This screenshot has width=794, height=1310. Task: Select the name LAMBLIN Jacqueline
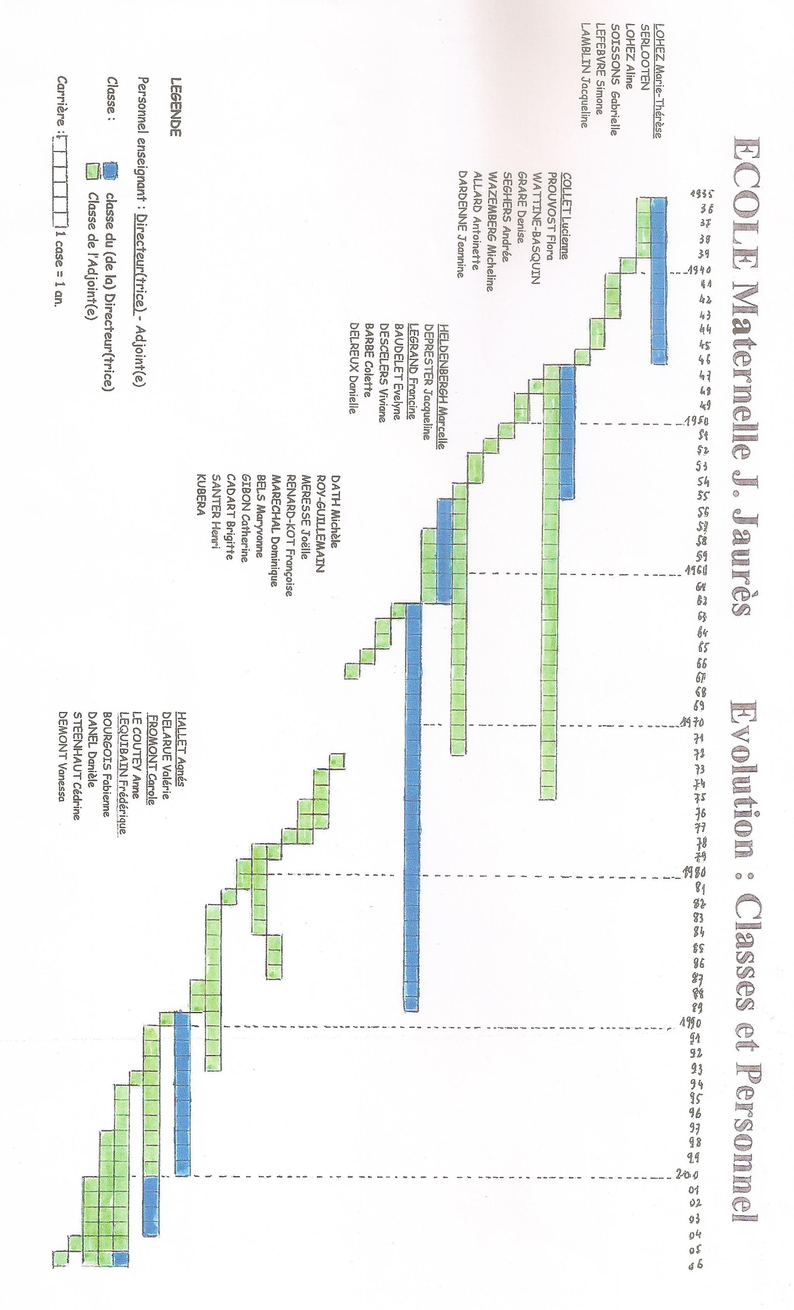584,75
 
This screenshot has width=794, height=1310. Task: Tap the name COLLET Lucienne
566,215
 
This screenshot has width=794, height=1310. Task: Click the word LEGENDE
175,107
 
